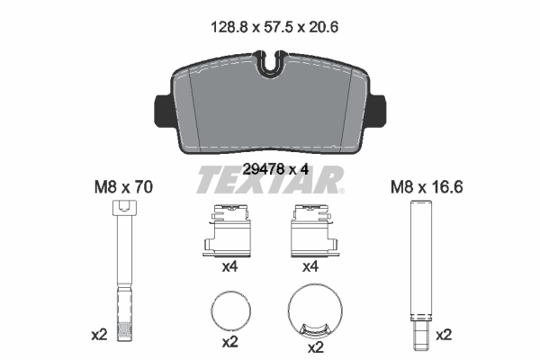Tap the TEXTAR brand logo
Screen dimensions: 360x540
point(269,181)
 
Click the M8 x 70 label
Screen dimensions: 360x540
point(125,188)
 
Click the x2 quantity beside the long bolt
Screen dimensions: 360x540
point(99,335)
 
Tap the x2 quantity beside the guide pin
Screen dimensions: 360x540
point(444,335)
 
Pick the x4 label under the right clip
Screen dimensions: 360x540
point(310,267)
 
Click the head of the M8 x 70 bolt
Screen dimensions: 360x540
point(125,209)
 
